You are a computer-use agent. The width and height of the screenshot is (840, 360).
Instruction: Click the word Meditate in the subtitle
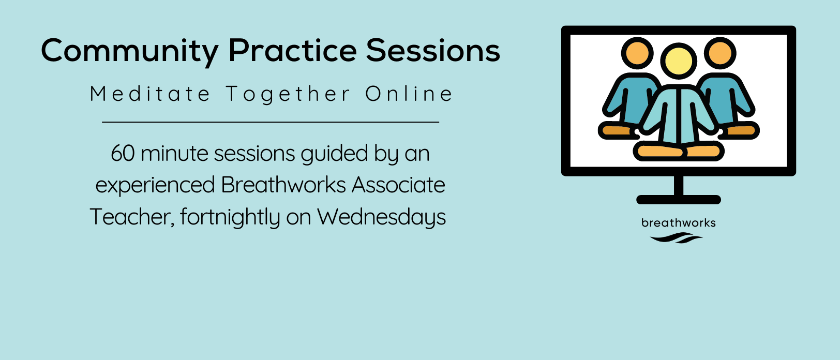pos(149,94)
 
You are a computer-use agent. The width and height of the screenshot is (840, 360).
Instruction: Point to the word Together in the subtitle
pos(288,94)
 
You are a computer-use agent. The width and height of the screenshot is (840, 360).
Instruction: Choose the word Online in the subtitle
pos(409,94)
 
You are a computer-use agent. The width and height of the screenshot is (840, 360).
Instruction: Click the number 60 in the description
pos(123,154)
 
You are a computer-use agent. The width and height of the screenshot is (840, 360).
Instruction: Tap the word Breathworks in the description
pos(283,185)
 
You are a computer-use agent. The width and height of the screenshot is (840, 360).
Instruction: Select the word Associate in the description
pos(398,185)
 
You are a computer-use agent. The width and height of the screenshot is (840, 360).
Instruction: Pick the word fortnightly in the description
pos(230,217)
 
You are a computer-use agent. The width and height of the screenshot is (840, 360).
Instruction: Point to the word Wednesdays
pos(381,217)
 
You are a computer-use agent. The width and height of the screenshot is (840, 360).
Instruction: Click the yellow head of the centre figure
pos(679,61)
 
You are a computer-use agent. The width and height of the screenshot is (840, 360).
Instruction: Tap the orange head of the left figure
pos(637,53)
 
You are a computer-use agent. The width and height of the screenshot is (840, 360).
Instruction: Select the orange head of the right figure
pos(720,53)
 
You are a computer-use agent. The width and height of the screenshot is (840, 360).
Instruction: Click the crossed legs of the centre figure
pos(679,151)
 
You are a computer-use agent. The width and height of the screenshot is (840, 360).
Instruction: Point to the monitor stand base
pos(679,200)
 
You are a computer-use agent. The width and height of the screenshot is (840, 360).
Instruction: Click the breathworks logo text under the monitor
pos(679,223)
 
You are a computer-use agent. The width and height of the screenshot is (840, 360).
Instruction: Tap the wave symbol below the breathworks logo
pos(676,238)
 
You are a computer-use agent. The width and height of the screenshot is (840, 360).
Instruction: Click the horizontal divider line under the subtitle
pos(271,122)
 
